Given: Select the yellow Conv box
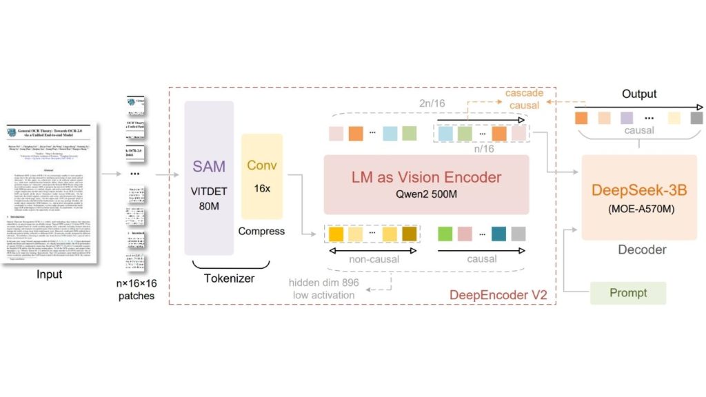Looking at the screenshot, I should pos(262,176).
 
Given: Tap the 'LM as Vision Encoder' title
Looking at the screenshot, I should pos(425,177).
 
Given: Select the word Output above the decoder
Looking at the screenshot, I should pos(639,93).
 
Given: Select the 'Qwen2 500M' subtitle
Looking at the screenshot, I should pos(425,194).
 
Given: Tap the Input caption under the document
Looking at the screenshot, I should pos(50,274).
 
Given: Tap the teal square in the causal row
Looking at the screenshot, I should pos(498,234).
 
